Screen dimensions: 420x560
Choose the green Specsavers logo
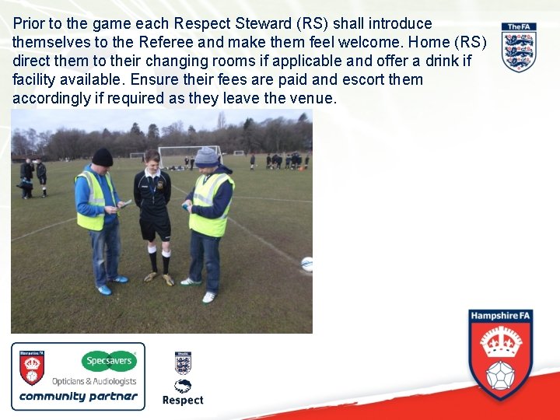[110, 361]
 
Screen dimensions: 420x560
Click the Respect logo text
[183, 401]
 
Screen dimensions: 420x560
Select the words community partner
[78, 396]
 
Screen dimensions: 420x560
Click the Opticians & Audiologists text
[94, 381]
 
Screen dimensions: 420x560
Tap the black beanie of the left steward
[102, 157]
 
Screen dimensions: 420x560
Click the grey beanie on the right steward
[206, 156]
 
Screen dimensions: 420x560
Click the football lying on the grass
[306, 264]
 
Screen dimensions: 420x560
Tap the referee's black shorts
[156, 229]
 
